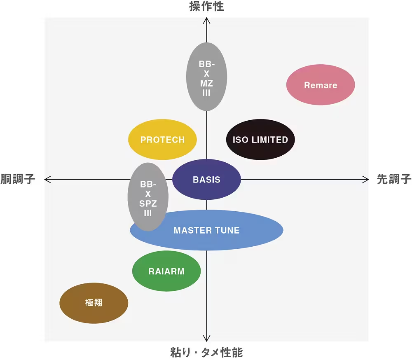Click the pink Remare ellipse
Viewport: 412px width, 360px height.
(x=321, y=85)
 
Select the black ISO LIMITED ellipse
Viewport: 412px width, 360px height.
(x=260, y=140)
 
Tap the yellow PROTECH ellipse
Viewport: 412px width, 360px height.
(x=162, y=140)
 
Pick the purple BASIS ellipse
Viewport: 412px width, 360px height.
(x=206, y=180)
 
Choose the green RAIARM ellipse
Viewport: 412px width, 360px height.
(x=166, y=271)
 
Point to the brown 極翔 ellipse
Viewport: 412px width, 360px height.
(x=94, y=303)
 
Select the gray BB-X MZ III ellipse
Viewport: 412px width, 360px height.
(x=206, y=77)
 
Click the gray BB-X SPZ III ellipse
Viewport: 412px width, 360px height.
(x=148, y=197)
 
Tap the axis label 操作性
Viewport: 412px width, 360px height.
(x=206, y=6)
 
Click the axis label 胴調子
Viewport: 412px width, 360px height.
(x=18, y=179)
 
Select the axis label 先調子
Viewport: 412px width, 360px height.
(x=394, y=179)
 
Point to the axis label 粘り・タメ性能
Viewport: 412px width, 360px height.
(x=206, y=353)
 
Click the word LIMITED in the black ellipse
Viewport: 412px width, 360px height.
(x=270, y=140)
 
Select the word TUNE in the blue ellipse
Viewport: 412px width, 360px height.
(x=227, y=230)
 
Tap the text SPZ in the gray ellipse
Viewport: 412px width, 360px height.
(x=148, y=203)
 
